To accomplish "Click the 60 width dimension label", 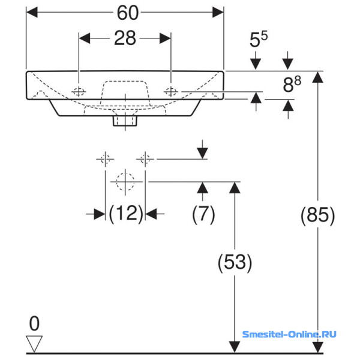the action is pos(128,13).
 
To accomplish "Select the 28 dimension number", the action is pos(125,38).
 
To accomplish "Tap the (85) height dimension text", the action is pos(318,215).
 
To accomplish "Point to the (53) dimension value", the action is pos(235,262).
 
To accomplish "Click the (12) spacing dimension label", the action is pos(126,214).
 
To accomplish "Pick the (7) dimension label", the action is pos(203,214).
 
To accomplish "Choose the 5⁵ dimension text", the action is pos(259,40).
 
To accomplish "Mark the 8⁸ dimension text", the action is pos(292,84).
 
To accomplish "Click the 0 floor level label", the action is pos(34,323).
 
